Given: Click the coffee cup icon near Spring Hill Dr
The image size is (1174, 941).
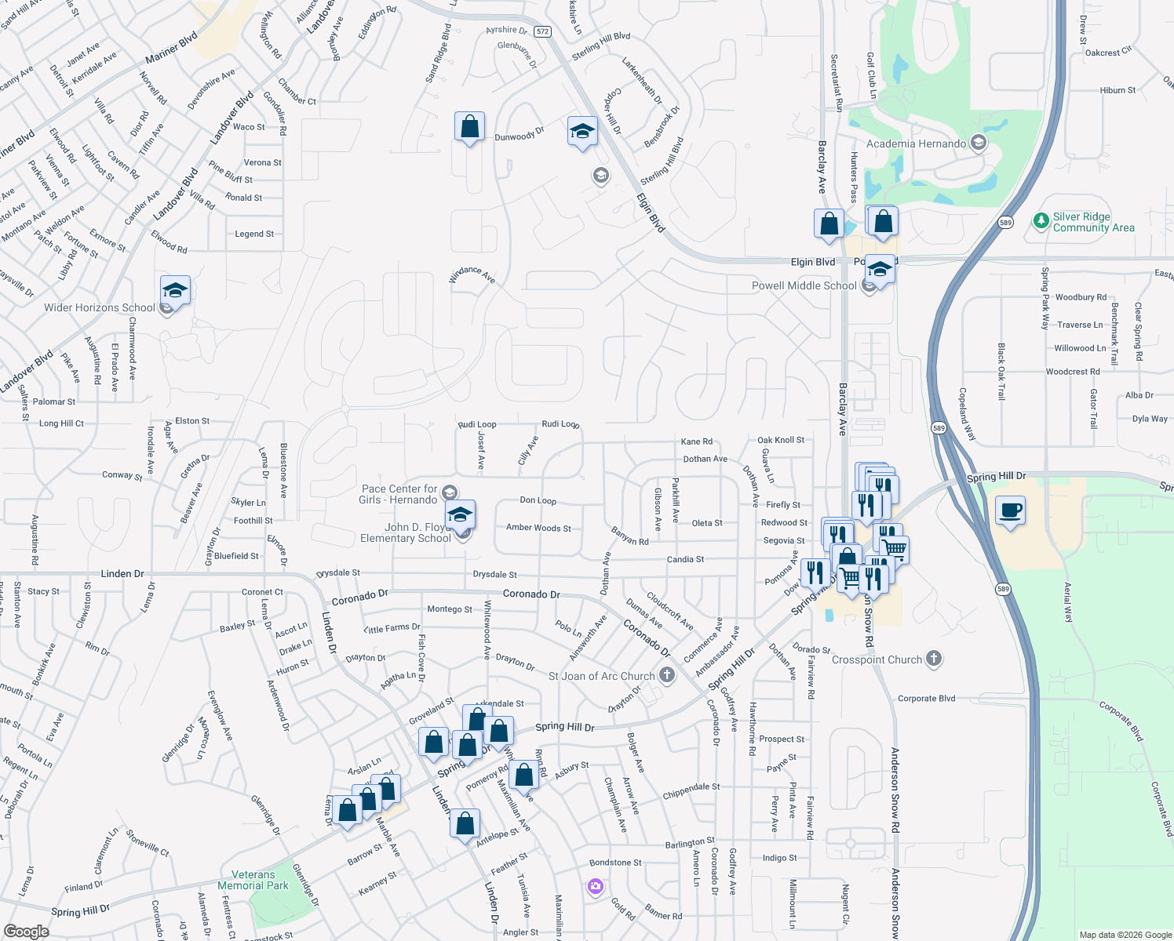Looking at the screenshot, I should coord(1010,511).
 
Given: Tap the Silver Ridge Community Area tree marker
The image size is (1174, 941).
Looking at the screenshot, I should coord(1041,221).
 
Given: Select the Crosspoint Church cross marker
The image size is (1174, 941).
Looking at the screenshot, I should coord(933,659).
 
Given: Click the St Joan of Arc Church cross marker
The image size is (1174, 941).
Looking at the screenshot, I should coord(666,674).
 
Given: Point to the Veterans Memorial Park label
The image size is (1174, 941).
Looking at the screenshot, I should coord(253,880).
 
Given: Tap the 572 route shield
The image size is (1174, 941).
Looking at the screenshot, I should coord(542,31).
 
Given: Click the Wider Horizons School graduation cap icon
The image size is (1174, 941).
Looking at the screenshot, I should coord(175,291).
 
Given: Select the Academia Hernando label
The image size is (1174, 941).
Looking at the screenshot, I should coord(916,144).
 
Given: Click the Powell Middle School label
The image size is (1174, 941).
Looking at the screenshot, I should coord(804,285).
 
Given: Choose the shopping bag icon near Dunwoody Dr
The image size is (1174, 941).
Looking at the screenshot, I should coord(469,126).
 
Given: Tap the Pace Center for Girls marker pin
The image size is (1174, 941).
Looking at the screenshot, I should coord(450,492).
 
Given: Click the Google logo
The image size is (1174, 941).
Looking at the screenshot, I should coord(26,932).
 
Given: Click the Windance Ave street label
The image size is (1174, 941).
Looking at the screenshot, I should coord(472,274).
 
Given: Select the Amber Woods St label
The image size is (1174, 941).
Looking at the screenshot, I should coord(538,528).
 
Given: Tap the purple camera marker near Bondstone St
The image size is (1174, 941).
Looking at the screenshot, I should coord(596,886).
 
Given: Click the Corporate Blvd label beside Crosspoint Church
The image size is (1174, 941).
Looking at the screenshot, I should coord(926,698).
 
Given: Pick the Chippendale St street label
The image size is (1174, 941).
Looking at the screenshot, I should coord(691,791).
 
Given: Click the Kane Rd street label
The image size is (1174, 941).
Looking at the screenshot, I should coord(696,441).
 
